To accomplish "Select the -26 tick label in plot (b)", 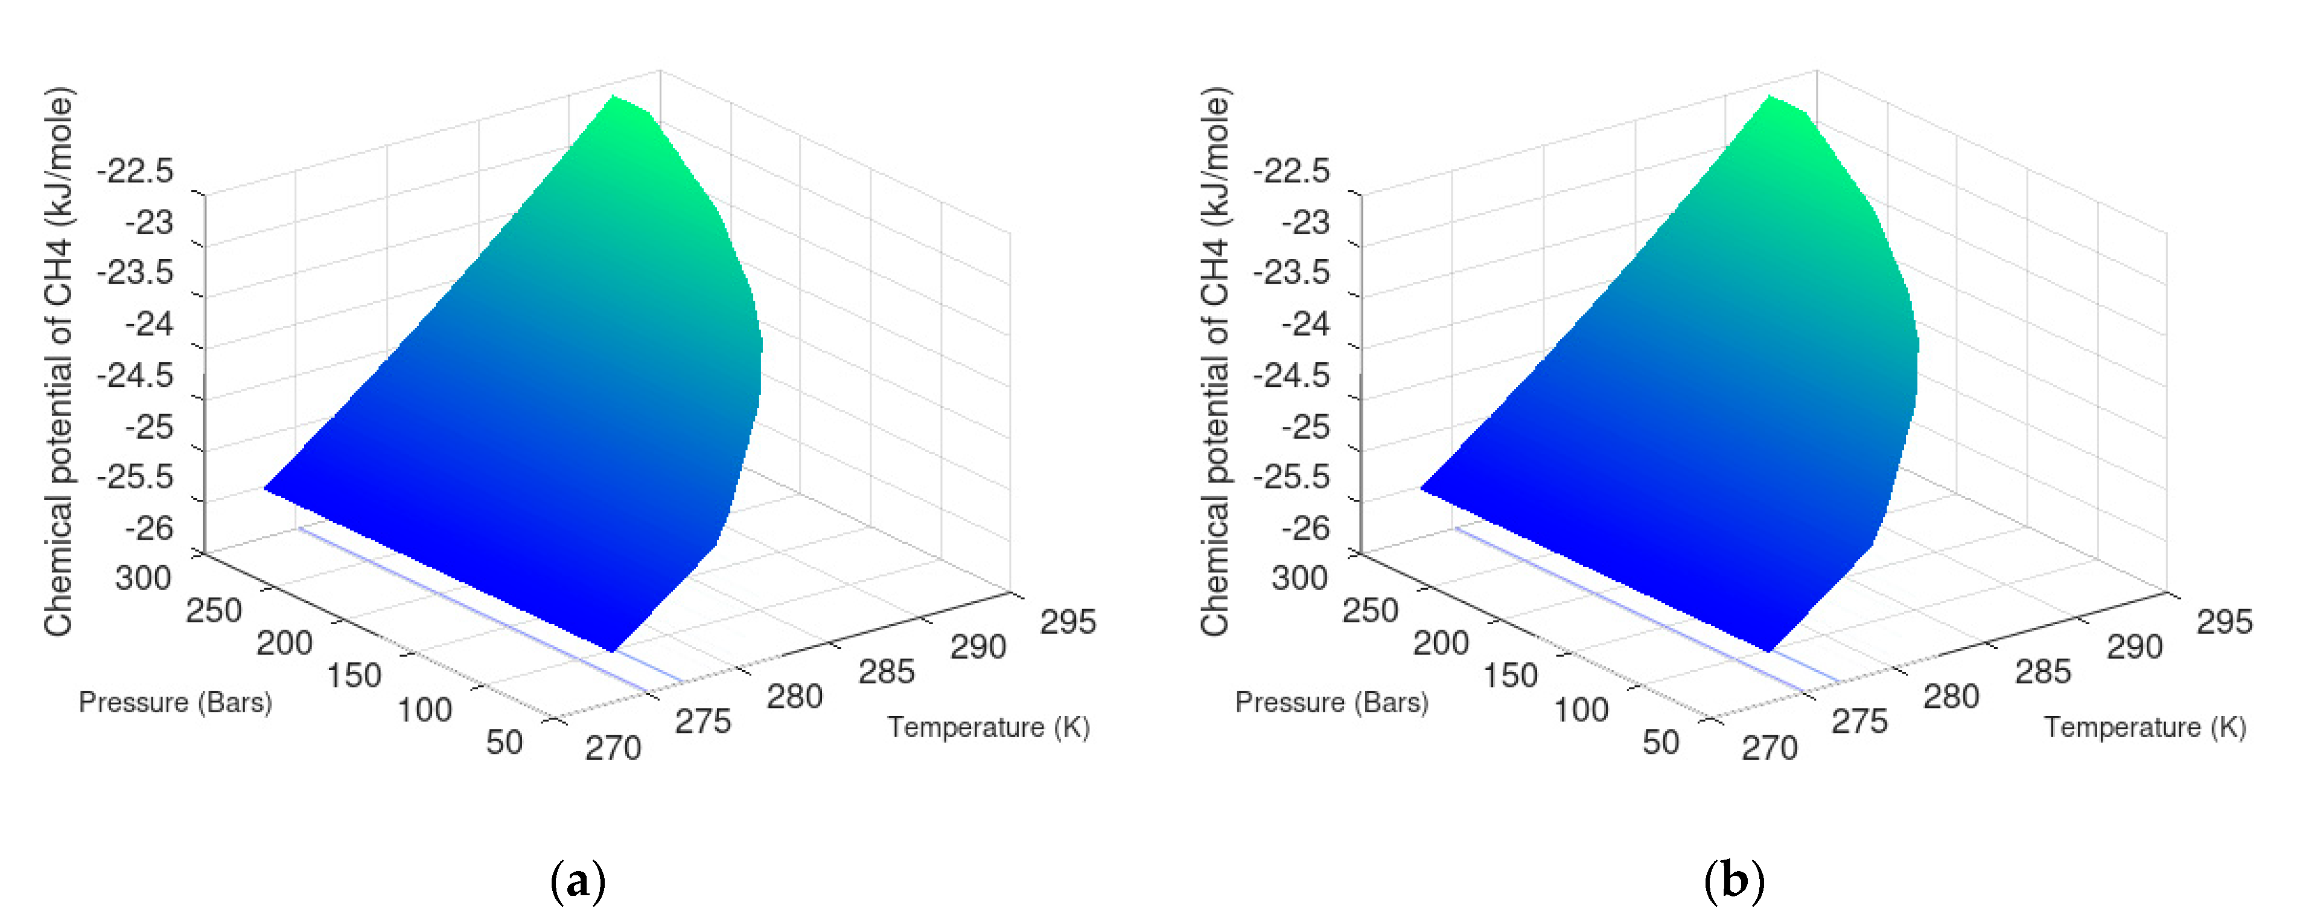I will [1305, 528].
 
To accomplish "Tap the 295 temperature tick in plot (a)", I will [1068, 621].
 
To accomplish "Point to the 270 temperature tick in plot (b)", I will [1770, 747].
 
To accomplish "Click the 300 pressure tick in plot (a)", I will [143, 578].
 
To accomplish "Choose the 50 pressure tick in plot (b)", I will [1661, 742].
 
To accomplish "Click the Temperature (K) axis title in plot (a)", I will [989, 727].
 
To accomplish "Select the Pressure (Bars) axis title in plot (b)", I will [1331, 703].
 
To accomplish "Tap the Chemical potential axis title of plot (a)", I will [59, 362].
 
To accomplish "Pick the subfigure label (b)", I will [1734, 881].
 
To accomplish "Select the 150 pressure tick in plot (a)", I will [354, 675].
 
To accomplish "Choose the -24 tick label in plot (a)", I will [149, 323].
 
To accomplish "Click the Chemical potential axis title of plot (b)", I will [1215, 362].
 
